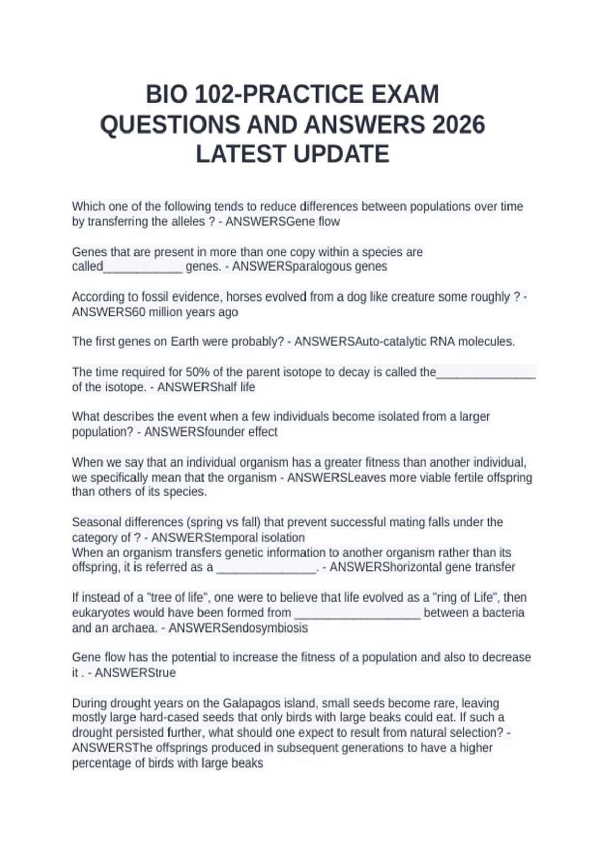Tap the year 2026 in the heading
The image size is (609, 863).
click(458, 125)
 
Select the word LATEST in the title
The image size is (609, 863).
click(238, 154)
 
